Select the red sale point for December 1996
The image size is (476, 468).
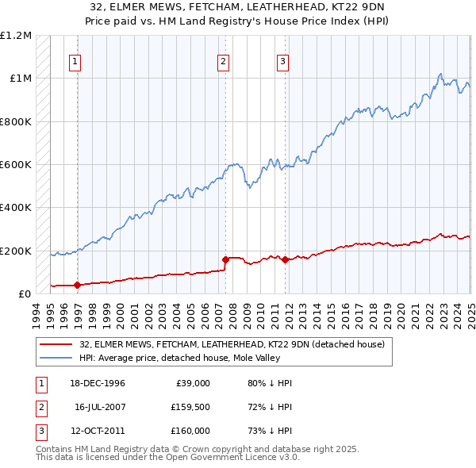click(x=77, y=285)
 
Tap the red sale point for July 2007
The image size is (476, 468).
click(x=225, y=259)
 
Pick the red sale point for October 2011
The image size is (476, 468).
click(x=285, y=259)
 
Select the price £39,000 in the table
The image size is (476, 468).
click(x=192, y=383)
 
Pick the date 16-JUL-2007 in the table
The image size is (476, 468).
click(x=100, y=407)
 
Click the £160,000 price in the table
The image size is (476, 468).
click(x=189, y=431)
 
